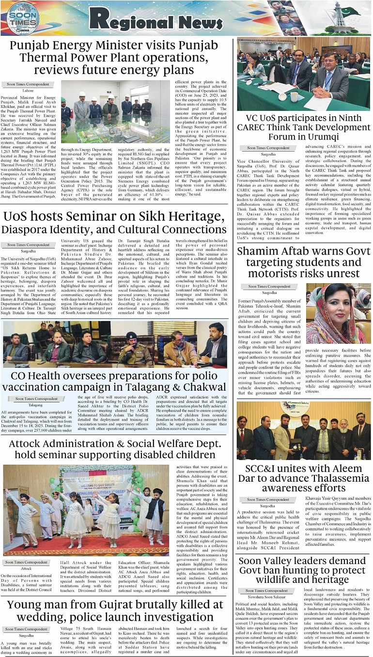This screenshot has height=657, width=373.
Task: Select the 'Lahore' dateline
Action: [28, 91]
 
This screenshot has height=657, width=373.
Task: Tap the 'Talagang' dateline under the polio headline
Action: [35, 404]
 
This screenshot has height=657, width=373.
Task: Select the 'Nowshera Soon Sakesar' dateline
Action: [266, 597]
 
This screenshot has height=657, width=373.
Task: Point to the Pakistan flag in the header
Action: [350, 11]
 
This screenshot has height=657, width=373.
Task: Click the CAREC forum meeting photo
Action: [303, 75]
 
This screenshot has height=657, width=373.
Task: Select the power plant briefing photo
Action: [116, 111]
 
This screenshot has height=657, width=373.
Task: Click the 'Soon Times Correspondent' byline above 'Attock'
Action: [27, 562]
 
